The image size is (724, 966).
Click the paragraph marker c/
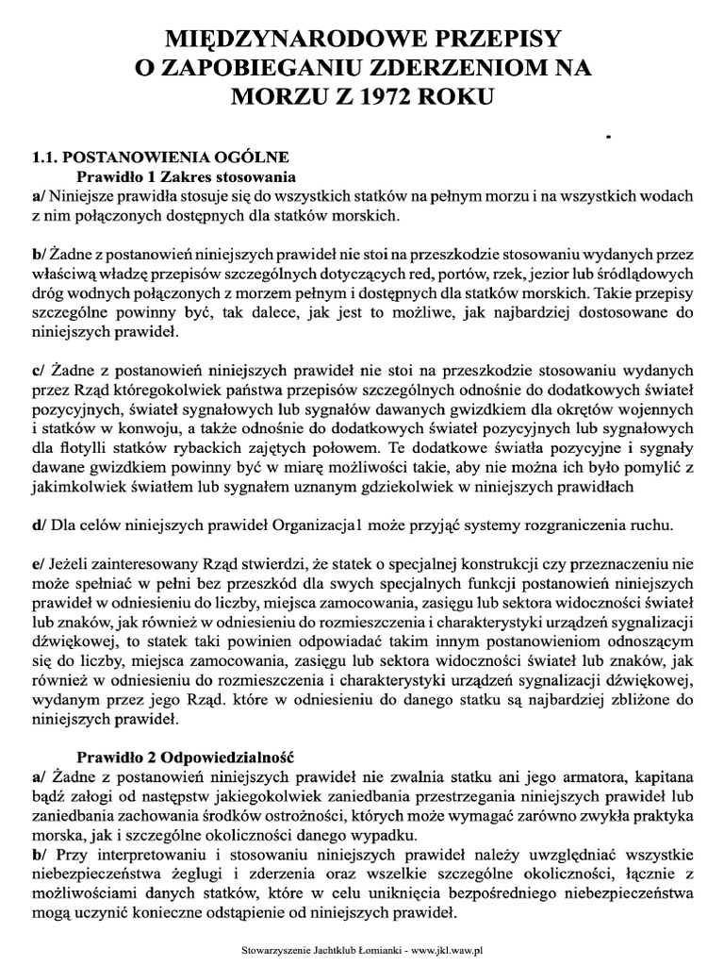pyautogui.click(x=38, y=371)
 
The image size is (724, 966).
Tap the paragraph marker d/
pyautogui.click(x=38, y=524)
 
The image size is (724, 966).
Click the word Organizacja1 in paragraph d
pyautogui.click(x=320, y=524)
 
